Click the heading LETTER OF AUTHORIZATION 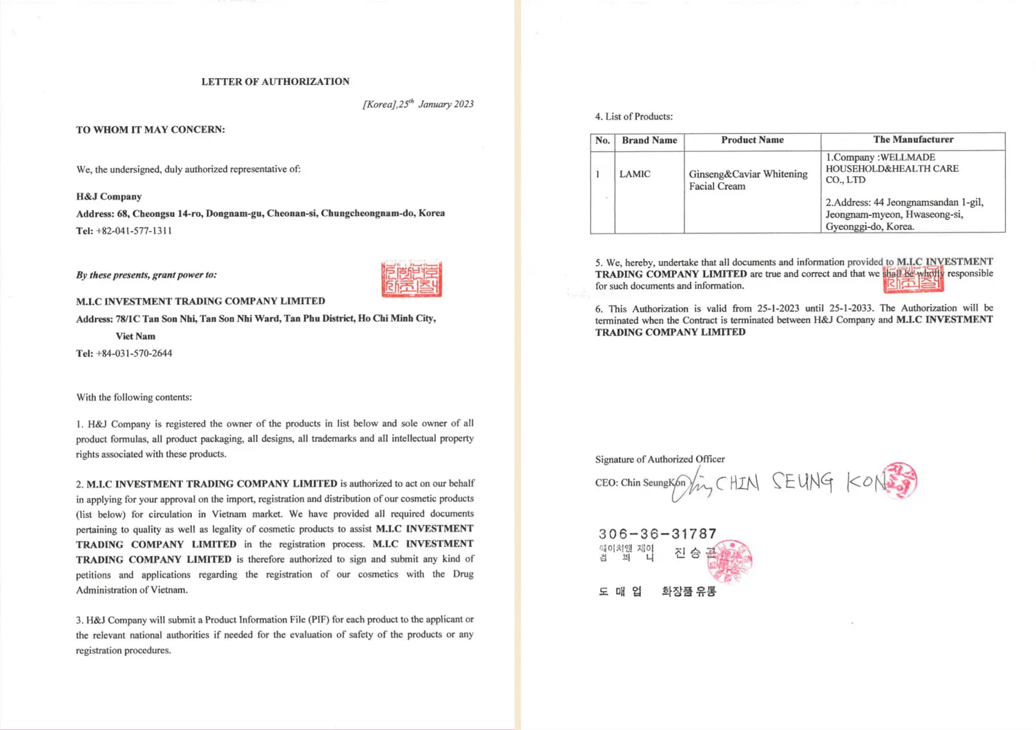275,81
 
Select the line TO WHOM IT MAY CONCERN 151,130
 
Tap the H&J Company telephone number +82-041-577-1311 134,231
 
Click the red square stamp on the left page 412,279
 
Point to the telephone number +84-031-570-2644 134,353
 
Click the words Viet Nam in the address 135,336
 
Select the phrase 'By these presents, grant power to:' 146,275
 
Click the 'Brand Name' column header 649,140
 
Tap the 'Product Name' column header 752,140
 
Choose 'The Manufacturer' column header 913,140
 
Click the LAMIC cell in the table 635,174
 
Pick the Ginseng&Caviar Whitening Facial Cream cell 748,180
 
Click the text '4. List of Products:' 634,117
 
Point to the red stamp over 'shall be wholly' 913,277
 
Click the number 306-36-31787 658,534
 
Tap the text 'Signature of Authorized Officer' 660,459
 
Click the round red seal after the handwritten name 900,480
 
